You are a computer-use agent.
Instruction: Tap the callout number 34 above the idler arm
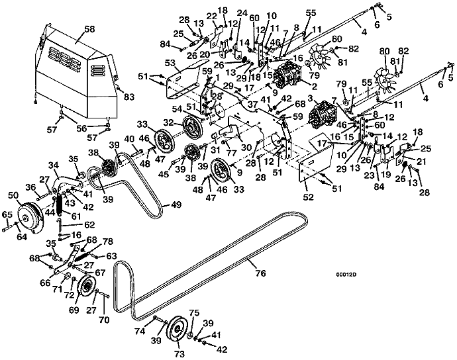(54, 165)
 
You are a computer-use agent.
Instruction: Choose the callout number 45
(162, 175)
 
